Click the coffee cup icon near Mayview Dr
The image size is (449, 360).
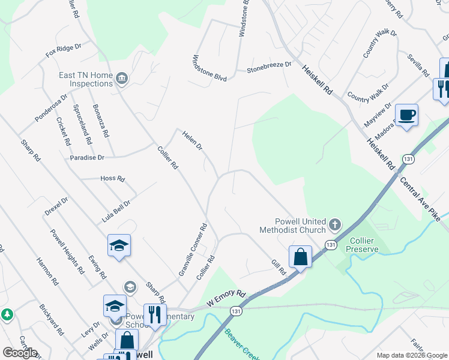[406, 115]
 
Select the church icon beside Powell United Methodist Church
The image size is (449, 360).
[334, 226]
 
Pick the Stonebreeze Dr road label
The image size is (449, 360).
[269, 67]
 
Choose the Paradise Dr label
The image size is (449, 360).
[87, 157]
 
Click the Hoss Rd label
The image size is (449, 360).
[112, 179]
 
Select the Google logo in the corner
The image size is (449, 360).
[20, 353]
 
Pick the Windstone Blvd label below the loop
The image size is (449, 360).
[209, 69]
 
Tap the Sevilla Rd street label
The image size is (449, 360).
[418, 65]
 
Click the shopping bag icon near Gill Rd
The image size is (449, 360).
[300, 256]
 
